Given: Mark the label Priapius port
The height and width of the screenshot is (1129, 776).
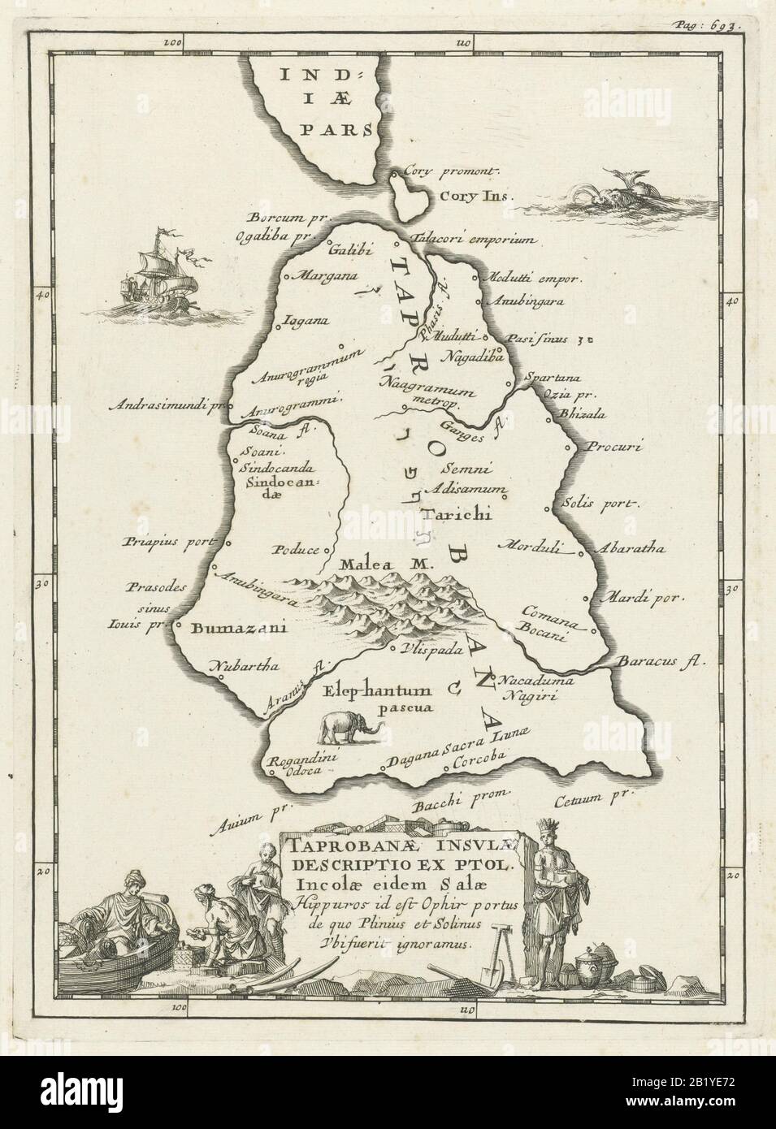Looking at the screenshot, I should coord(167,542).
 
